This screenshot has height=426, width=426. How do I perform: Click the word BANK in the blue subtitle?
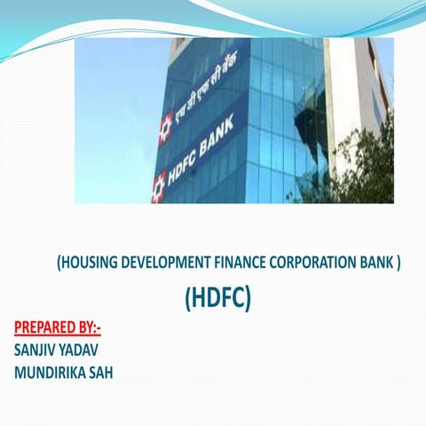[377, 262]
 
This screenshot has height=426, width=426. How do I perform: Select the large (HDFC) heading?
[218, 299]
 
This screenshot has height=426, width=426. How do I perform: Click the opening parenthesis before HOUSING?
[59, 262]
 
